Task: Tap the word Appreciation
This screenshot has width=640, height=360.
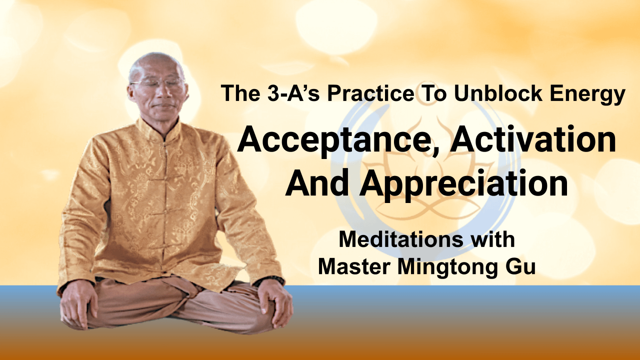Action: pyautogui.click(x=463, y=185)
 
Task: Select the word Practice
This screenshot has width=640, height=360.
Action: pyautogui.click(x=370, y=93)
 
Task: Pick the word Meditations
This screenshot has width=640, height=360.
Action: pyautogui.click(x=400, y=239)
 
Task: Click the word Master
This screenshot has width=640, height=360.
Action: pyautogui.click(x=354, y=267)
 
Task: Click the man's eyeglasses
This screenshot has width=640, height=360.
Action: pyautogui.click(x=156, y=83)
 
